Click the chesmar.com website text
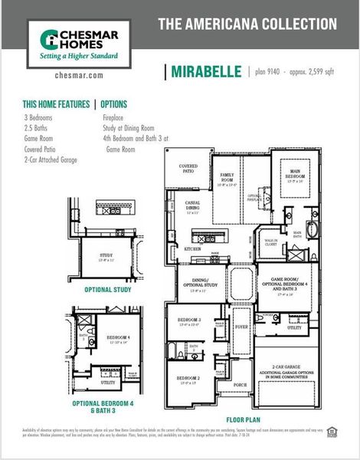(x=80, y=75)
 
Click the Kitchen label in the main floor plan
(x=192, y=249)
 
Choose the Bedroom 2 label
(x=188, y=379)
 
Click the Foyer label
(x=241, y=327)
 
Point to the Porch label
(x=240, y=384)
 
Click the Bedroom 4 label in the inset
(x=118, y=337)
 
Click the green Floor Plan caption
(x=244, y=420)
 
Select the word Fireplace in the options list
(x=118, y=119)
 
